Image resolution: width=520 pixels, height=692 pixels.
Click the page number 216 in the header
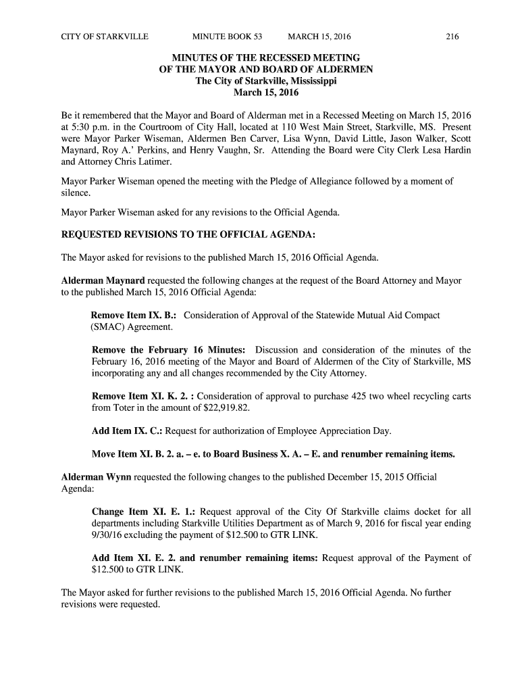(452, 36)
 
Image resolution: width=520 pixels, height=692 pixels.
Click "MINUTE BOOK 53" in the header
(227, 36)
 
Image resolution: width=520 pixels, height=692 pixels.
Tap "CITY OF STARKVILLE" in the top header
(105, 36)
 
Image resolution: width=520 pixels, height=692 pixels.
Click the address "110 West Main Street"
(326, 126)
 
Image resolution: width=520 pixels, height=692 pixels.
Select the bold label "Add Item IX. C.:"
(127, 431)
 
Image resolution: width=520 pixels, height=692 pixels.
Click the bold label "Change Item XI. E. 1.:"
(144, 512)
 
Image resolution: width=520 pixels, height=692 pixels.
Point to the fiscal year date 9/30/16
(109, 535)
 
